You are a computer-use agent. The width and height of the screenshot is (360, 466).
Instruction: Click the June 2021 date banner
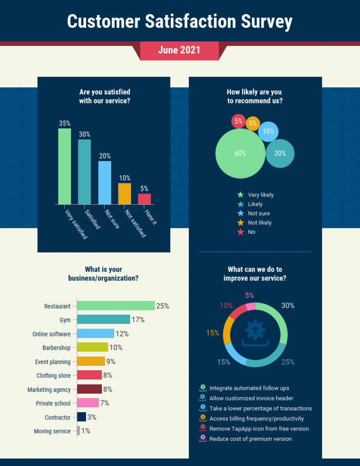click(x=179, y=50)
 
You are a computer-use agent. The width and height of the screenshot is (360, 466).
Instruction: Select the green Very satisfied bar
click(x=64, y=166)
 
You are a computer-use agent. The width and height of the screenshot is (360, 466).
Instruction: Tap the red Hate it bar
click(x=144, y=199)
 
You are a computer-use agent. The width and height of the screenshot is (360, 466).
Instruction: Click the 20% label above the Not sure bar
click(x=105, y=156)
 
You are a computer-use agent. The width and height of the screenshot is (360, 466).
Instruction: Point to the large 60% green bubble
click(x=240, y=154)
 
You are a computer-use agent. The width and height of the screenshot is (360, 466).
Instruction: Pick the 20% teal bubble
click(x=280, y=153)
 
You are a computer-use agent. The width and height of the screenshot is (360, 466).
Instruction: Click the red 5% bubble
click(x=238, y=121)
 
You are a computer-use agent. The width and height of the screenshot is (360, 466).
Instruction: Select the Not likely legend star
click(x=241, y=223)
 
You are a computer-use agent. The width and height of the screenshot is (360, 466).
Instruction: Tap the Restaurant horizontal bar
click(x=116, y=306)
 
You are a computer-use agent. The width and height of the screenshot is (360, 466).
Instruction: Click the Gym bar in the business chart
click(x=103, y=319)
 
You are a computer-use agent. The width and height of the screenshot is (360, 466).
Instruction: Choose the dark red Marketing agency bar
click(x=89, y=389)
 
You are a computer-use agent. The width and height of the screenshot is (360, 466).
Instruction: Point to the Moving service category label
click(x=52, y=431)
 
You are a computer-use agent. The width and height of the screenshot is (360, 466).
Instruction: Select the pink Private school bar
click(x=88, y=403)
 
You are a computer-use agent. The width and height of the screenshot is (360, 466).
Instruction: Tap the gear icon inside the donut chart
click(x=255, y=329)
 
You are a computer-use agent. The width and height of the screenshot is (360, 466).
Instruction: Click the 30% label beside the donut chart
click(x=288, y=306)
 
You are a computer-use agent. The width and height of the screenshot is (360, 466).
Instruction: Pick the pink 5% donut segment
click(x=251, y=307)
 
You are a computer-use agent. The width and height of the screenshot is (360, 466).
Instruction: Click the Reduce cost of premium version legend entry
click(x=250, y=439)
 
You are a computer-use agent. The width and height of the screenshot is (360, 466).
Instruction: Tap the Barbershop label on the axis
click(x=56, y=348)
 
